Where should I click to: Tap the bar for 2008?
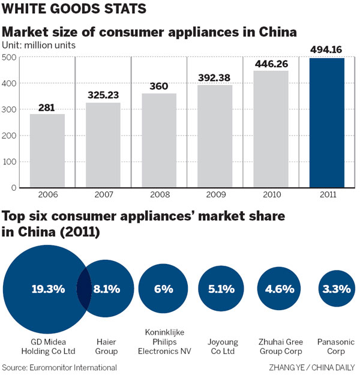pos(159,141)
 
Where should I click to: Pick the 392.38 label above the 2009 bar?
pos(215,78)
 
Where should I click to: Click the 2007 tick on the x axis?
pos(103,195)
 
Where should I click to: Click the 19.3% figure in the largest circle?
pos(48,289)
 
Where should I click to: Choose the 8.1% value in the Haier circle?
pos(106,289)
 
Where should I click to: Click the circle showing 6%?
pos(163,289)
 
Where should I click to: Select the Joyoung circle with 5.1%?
pos(222,289)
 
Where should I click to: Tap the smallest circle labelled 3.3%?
pos(336,289)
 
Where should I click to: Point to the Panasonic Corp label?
pos(336,346)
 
